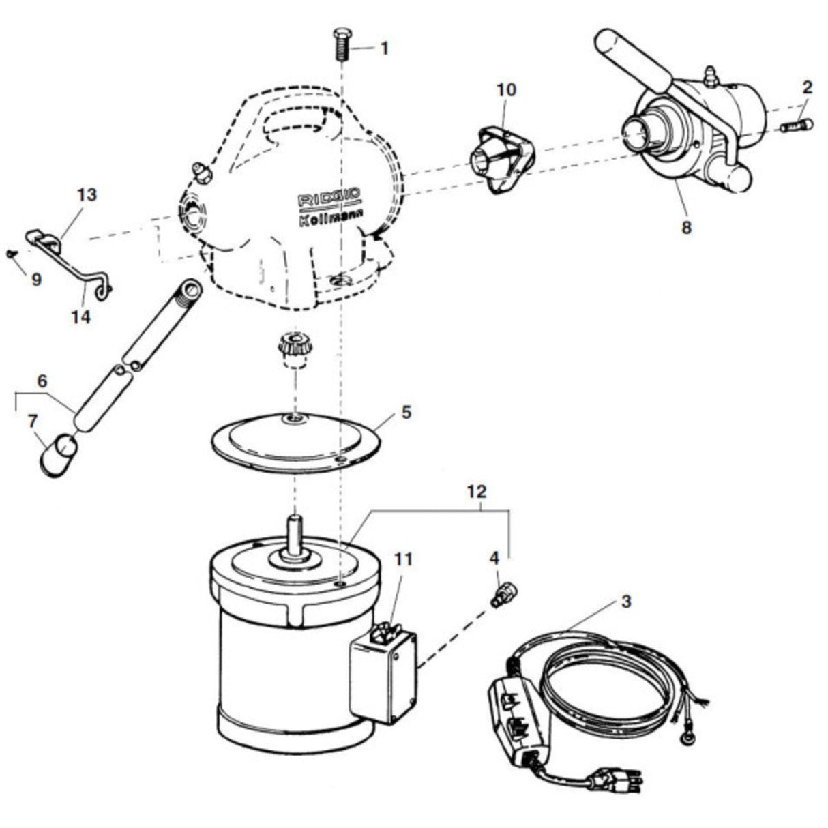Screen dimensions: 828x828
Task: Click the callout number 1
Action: [x=385, y=48]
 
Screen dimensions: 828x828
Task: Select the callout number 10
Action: [x=507, y=90]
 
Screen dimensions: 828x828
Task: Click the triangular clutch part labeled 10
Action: [x=501, y=158]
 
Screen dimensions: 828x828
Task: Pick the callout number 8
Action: [x=687, y=228]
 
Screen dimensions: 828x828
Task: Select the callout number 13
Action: [x=87, y=194]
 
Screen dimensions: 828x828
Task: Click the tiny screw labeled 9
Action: [x=11, y=254]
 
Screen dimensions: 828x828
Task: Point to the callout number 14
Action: [x=81, y=318]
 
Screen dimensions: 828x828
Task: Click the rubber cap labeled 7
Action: [x=59, y=456]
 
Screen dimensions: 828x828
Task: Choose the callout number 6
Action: [x=42, y=381]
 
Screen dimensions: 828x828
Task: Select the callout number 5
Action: [x=406, y=413]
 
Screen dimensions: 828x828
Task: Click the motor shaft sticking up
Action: [x=295, y=533]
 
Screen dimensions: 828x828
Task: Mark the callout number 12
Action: [x=476, y=492]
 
